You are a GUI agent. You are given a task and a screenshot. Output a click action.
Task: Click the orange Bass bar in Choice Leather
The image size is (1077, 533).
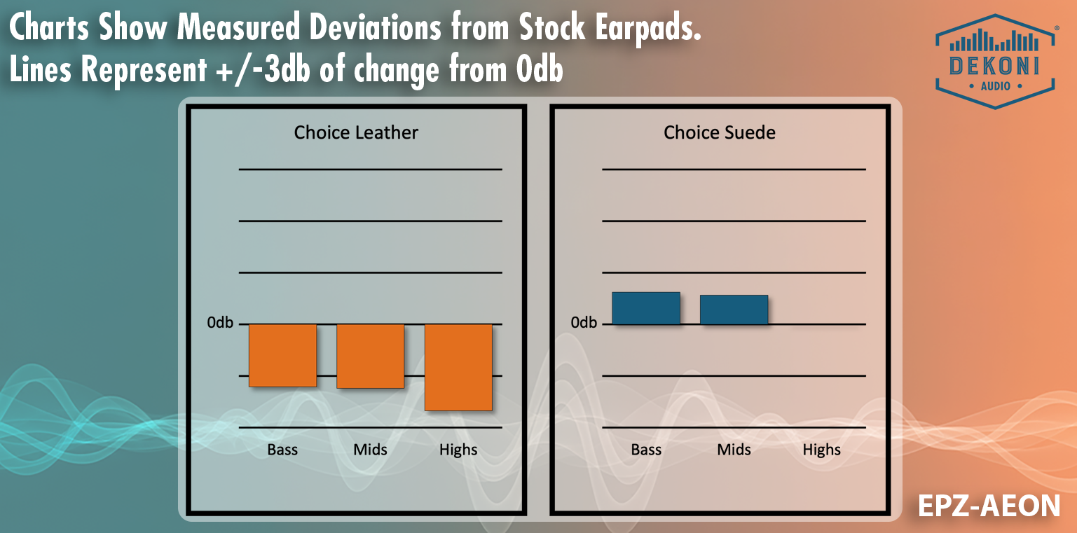click(x=282, y=355)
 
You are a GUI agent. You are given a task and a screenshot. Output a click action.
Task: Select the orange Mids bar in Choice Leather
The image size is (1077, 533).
click(x=370, y=356)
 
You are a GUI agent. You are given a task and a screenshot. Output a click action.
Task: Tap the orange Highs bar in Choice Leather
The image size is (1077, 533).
click(x=458, y=367)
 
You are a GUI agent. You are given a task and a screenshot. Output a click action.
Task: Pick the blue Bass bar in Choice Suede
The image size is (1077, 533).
click(x=646, y=308)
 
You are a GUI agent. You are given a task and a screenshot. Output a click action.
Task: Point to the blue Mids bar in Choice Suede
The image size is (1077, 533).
click(x=734, y=310)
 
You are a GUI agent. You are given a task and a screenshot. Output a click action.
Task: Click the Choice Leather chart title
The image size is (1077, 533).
click(x=356, y=132)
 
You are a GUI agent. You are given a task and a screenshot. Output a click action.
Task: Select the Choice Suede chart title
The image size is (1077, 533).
click(x=720, y=132)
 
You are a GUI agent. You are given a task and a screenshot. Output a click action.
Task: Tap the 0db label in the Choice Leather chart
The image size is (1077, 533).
click(x=220, y=323)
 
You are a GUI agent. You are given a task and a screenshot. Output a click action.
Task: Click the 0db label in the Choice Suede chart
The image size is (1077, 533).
click(x=584, y=323)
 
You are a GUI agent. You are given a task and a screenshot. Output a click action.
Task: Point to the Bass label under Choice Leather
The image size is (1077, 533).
click(x=282, y=450)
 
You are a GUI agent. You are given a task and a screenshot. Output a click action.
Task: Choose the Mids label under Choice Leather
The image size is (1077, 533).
click(x=370, y=450)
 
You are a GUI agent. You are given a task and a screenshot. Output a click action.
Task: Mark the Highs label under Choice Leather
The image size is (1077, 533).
click(x=458, y=450)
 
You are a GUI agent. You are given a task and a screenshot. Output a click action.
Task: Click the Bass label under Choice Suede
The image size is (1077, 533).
click(x=646, y=450)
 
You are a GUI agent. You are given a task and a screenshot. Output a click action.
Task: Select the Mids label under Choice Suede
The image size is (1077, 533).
click(x=734, y=450)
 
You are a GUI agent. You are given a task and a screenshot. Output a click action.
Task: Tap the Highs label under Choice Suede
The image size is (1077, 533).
click(x=821, y=450)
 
